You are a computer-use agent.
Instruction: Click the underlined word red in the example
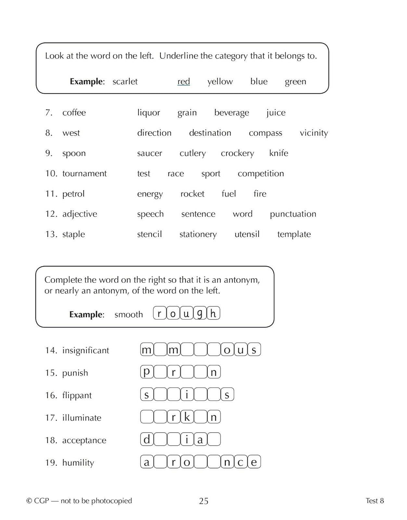tap(184, 81)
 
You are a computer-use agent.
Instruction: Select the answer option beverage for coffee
tap(232, 112)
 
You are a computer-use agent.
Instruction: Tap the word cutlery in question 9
tap(193, 153)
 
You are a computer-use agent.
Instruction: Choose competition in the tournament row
tap(261, 174)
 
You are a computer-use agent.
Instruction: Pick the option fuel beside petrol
tap(229, 194)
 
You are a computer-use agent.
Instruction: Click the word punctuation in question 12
tap(293, 214)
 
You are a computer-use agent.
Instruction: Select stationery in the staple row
tap(198, 234)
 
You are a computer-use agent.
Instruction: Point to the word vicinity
tap(314, 133)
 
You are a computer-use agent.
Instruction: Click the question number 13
tap(51, 234)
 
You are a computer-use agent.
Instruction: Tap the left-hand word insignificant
tap(85, 350)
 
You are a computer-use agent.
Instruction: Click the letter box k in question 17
tap(187, 417)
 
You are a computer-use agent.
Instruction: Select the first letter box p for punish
tap(147, 372)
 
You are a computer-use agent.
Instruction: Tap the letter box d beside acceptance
tap(147, 439)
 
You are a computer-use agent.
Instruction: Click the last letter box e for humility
tap(254, 462)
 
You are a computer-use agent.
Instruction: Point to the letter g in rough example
tap(200, 313)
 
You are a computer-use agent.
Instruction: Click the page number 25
tap(204, 501)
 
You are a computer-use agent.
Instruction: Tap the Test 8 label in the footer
tap(375, 501)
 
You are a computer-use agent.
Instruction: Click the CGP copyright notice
tap(79, 501)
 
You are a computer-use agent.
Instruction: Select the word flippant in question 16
tap(77, 395)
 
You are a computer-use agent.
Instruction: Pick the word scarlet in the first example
tap(125, 81)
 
